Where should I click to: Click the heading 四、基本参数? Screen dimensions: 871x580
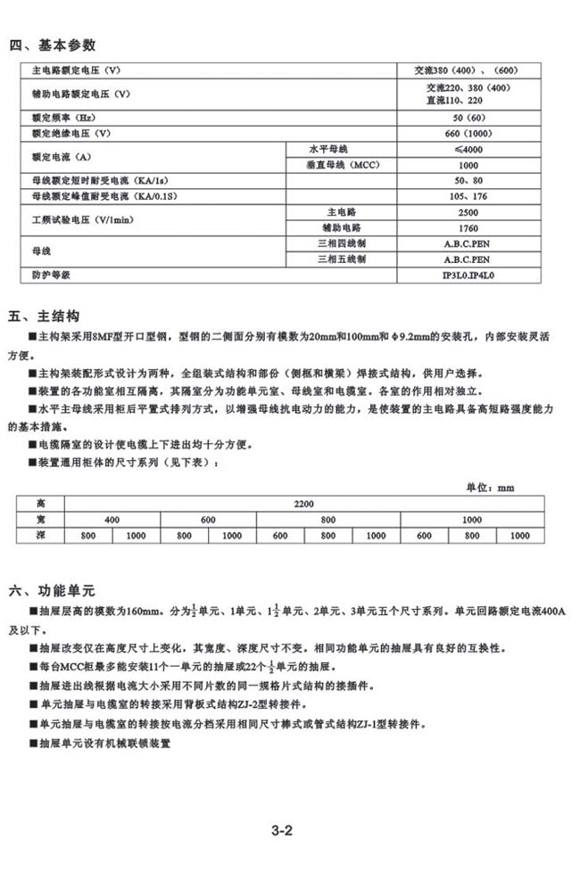[x=52, y=45]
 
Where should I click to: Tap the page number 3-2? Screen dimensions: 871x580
[x=283, y=831]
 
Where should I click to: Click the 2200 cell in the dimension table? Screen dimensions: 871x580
[x=303, y=505]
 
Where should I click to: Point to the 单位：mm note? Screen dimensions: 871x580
[x=492, y=488]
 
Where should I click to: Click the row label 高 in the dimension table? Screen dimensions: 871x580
[x=39, y=505]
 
